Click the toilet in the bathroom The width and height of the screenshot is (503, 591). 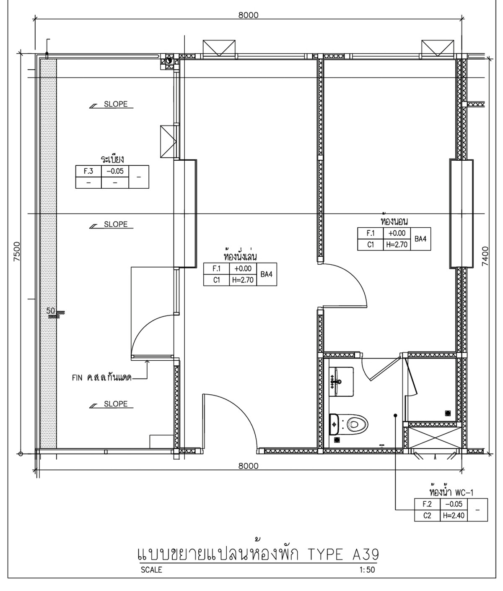pos(349,424)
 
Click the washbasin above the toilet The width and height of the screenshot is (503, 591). pos(341,382)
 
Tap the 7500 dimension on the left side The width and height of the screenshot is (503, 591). pos(17,252)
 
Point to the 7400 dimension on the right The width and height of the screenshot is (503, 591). pos(485,256)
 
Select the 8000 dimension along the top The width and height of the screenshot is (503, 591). pos(248,15)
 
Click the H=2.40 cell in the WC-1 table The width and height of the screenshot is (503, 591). pos(454,516)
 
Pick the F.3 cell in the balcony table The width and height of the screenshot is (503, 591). pos(88,171)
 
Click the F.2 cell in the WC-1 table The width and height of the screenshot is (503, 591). pos(427,504)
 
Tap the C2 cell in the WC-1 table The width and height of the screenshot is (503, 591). pos(427,516)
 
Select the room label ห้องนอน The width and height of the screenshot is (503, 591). pos(394,220)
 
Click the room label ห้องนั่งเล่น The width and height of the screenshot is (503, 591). pos(240,255)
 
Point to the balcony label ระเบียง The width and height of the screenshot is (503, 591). pos(112,159)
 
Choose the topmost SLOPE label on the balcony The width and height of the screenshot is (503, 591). pos(116,104)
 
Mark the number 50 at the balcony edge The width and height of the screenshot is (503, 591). pos(51,310)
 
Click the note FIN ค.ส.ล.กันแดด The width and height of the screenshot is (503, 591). pos(102,378)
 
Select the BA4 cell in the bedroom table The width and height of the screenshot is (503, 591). pos(420,239)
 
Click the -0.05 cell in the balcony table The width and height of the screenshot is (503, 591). pos(115,171)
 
